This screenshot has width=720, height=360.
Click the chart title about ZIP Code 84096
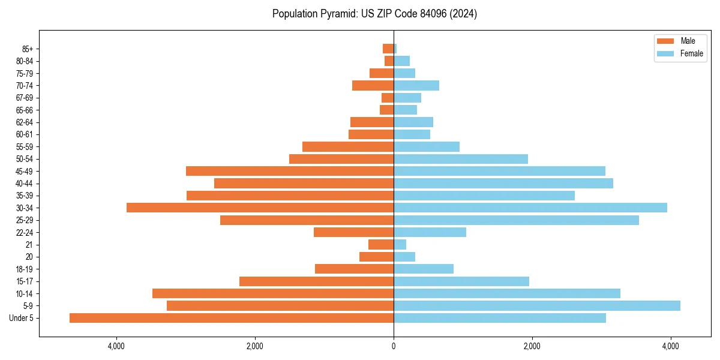click(374, 14)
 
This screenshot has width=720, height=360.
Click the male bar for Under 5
click(232, 318)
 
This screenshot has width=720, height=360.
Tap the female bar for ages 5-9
click(537, 305)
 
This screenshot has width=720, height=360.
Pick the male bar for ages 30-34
click(260, 208)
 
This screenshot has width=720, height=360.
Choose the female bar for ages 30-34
click(530, 208)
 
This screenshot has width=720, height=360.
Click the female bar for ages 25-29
click(516, 220)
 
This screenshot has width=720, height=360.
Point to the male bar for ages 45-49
click(290, 171)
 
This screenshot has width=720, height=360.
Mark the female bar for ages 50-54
click(461, 159)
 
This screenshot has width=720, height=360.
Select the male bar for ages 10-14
click(273, 293)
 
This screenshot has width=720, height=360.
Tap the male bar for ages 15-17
click(316, 281)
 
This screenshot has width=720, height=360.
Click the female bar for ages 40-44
click(503, 184)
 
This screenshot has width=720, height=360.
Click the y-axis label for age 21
click(29, 245)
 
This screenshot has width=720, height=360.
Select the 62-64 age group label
click(24, 122)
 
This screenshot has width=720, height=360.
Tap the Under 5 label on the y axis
click(22, 318)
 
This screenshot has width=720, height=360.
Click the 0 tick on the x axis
click(394, 346)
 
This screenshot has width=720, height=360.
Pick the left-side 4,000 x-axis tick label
click(116, 346)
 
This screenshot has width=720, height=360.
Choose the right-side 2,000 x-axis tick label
click(532, 346)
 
